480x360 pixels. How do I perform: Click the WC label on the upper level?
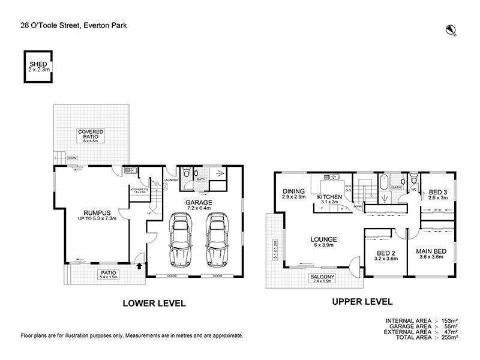414,190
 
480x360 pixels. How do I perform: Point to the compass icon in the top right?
451,29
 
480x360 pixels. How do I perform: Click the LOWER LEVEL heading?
154,303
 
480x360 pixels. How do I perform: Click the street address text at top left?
73,25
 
